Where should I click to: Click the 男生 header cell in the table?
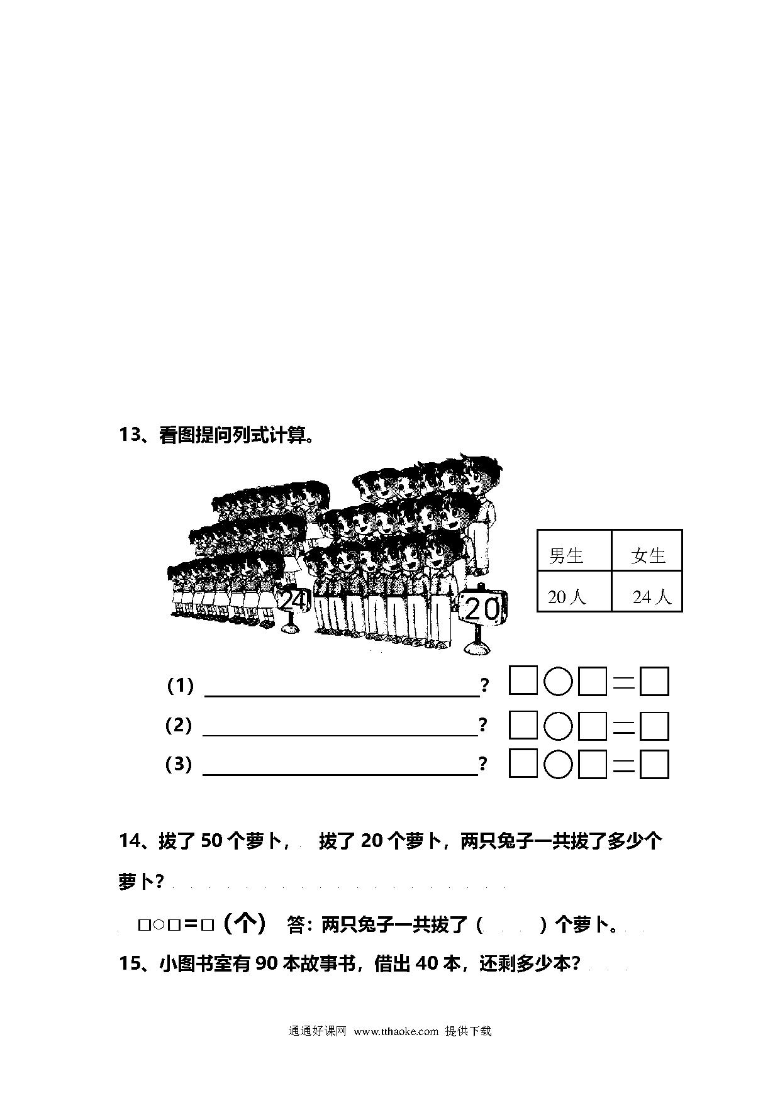pos(574,550)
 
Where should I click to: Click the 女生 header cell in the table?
pos(647,550)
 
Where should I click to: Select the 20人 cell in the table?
pos(574,591)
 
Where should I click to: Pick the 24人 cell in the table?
pos(647,591)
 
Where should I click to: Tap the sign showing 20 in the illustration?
pos(483,608)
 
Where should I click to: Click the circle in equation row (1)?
pos(558,682)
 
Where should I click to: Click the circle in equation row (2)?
pos(558,726)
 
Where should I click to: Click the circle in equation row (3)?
pos(558,765)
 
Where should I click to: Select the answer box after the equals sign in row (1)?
pos(654,682)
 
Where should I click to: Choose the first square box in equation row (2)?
pos(523,725)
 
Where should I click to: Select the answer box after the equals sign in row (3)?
pos(654,765)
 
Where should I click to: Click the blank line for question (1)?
pos(343,696)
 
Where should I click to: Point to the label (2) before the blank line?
pos(179,725)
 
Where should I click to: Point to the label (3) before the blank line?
pos(179,764)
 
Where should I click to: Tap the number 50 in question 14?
pos(211,841)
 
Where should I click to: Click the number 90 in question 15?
pos(267,963)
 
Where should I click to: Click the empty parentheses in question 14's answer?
pos(511,925)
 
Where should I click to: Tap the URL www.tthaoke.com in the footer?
pos(396,1031)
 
